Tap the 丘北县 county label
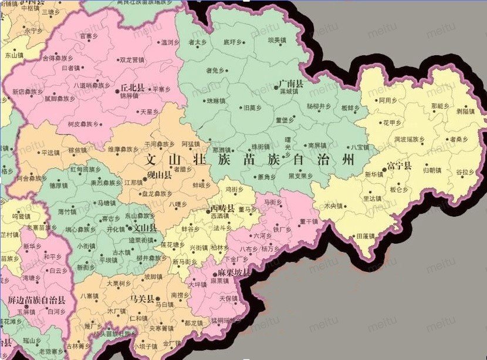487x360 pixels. coord(133,87)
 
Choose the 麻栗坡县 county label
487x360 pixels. coord(234,274)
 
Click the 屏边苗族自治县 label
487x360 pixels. coord(37,300)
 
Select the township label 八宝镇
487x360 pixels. coord(359,147)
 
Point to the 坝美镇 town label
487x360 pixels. coord(276,41)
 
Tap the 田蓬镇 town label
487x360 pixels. coord(366,235)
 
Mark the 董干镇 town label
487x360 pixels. coord(308,221)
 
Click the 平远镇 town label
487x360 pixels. coord(51,152)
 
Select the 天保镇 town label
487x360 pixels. coord(228,298)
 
